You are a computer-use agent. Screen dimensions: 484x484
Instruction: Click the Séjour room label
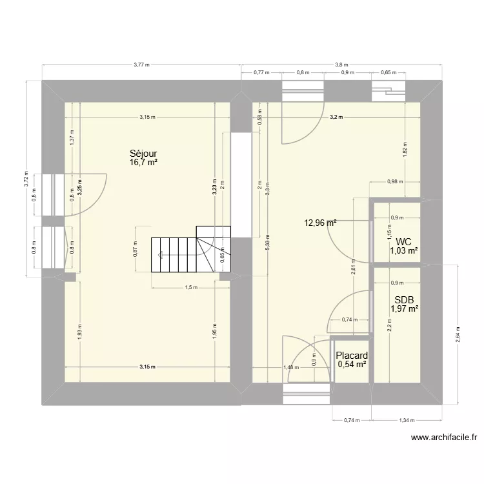coord(143,154)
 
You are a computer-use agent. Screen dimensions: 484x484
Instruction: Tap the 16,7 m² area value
coord(143,163)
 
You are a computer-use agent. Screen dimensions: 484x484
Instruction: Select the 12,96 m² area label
coord(321,223)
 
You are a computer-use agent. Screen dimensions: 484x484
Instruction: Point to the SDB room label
coord(405,299)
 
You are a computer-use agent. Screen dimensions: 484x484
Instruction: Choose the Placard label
coord(352,356)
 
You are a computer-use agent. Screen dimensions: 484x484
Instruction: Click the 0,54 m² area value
coord(352,365)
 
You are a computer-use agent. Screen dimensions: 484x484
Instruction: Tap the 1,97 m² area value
coord(405,308)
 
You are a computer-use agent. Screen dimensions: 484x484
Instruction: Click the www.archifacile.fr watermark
coord(444,438)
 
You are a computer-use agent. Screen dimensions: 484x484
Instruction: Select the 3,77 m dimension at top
coord(141,65)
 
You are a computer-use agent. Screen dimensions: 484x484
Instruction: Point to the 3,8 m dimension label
coord(341,65)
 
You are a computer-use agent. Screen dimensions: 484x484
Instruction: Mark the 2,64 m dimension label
coord(459,334)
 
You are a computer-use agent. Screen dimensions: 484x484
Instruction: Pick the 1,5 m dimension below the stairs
coord(190,288)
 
